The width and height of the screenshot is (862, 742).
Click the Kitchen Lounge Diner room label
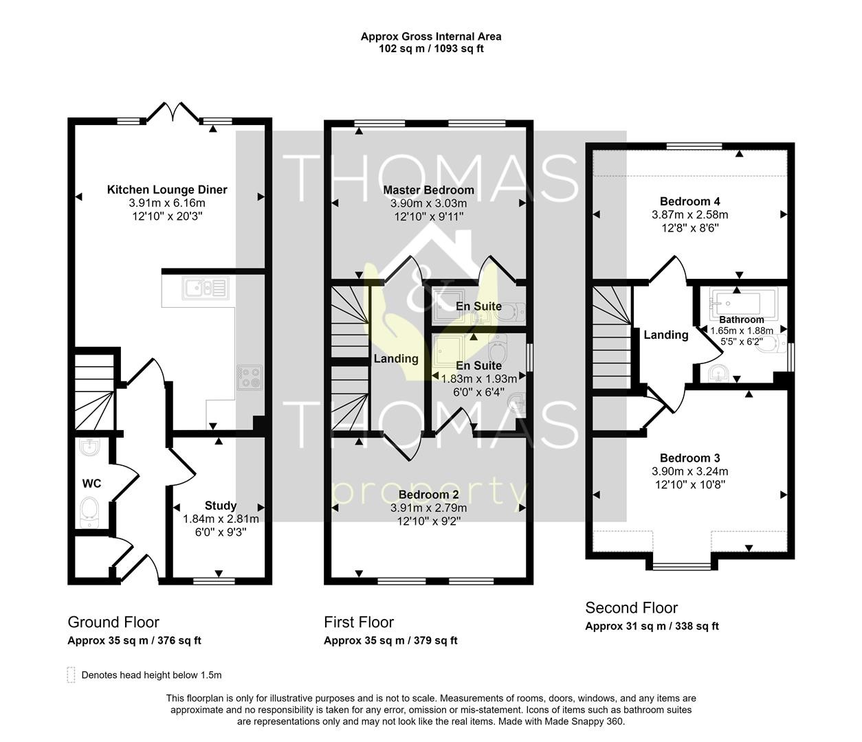click(167, 190)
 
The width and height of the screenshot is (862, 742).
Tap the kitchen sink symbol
click(206, 288)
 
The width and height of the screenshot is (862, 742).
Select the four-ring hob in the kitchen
click(250, 378)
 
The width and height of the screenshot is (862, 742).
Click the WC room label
click(91, 484)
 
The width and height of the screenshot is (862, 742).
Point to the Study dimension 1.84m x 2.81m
click(221, 519)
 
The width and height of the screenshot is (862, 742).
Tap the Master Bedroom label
click(428, 190)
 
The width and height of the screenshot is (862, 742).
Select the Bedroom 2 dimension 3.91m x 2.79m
click(428, 508)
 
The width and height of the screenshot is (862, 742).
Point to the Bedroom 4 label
click(689, 202)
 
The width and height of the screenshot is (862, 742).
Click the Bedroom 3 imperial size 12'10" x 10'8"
click(689, 485)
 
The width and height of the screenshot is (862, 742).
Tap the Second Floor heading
click(632, 608)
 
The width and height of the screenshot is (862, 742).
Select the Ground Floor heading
click(113, 622)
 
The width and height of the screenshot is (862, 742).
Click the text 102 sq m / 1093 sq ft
click(431, 49)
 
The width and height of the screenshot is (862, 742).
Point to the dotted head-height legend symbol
click(71, 675)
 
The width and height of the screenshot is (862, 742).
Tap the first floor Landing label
click(396, 359)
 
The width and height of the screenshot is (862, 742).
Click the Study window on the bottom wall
click(214, 581)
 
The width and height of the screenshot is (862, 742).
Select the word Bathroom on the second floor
click(742, 319)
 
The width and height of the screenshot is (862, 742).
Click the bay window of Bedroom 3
click(681, 567)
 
